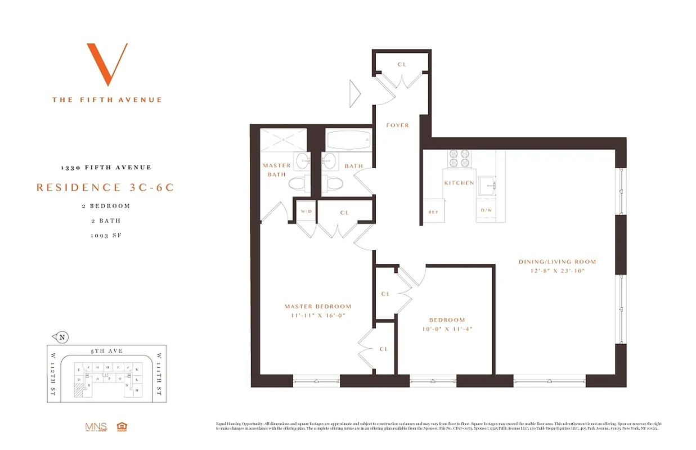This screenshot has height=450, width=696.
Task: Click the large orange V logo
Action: [107, 64]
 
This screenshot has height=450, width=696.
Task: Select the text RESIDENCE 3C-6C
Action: [105, 187]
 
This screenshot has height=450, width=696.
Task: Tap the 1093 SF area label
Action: [106, 235]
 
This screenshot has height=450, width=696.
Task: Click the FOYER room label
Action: [397, 125]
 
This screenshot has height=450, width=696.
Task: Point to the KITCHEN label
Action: [459, 183]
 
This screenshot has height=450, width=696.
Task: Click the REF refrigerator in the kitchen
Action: [433, 212]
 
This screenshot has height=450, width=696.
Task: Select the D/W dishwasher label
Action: [486, 210]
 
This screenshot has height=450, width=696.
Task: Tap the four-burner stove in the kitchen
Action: [459, 158]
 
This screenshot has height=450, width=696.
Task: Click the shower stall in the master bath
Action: [284, 139]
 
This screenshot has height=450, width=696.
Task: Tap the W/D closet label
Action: [306, 212]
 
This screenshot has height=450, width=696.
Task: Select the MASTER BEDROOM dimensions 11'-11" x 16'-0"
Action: [318, 316]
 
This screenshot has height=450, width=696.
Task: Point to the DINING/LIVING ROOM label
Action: [557, 262]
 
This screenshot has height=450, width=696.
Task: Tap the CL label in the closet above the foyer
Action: [402, 65]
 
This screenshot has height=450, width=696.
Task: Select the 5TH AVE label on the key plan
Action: [106, 351]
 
